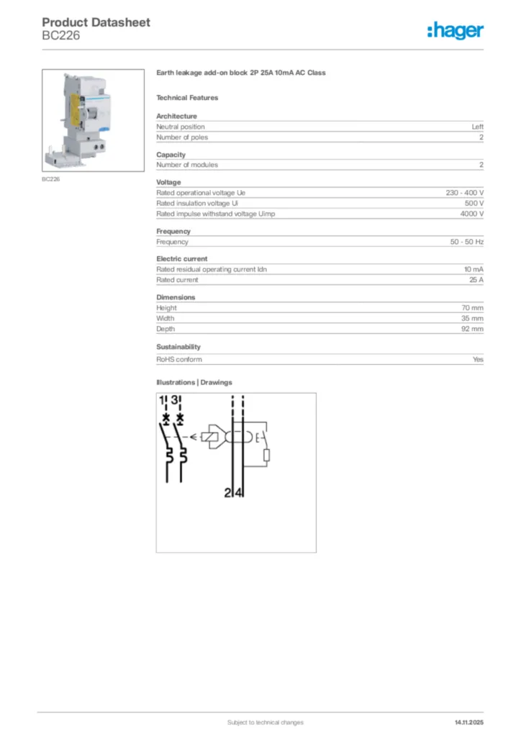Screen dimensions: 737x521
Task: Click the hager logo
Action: point(455,30)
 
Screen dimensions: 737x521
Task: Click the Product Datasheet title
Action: point(96,22)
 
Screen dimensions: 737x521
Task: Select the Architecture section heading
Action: point(176,116)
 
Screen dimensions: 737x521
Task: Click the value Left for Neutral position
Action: point(477,127)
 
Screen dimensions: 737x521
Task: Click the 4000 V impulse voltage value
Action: point(472,214)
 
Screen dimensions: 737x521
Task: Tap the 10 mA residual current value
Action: point(474,269)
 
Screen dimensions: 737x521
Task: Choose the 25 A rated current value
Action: point(476,280)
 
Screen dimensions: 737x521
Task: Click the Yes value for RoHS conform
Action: point(478,359)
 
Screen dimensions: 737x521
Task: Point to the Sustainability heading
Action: point(178,347)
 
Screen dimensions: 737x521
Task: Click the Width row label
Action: point(166,318)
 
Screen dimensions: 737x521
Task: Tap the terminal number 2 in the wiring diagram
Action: point(228,493)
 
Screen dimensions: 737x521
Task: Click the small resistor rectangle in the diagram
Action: point(266,455)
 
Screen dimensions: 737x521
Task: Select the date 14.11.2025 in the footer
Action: point(469,722)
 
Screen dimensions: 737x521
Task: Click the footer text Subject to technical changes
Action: point(266,722)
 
